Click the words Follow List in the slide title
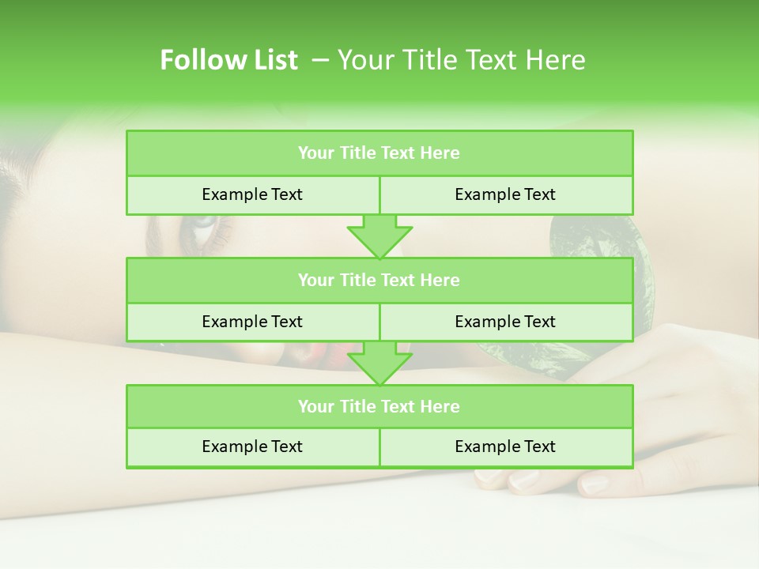click(x=228, y=60)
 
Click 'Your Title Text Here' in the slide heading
click(x=461, y=60)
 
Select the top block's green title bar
click(x=379, y=153)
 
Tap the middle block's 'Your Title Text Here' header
click(x=379, y=280)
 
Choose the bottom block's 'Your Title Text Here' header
click(x=379, y=406)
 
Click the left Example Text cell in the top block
click(x=252, y=194)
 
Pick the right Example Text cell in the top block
click(x=505, y=194)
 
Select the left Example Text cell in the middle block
click(x=252, y=322)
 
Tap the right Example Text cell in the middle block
click(x=505, y=322)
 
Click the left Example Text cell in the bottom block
click(x=252, y=447)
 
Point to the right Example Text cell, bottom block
click(x=505, y=447)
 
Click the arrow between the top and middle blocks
click(x=379, y=236)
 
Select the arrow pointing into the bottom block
click(x=379, y=364)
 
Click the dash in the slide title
click(x=320, y=60)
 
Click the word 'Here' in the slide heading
click(x=558, y=60)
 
